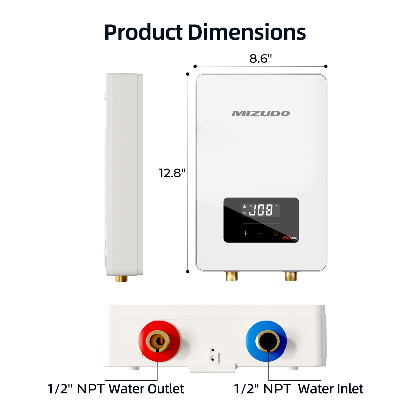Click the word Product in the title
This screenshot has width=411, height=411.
(x=143, y=33)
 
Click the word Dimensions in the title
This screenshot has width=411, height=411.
(x=247, y=32)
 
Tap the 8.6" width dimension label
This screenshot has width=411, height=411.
(x=260, y=59)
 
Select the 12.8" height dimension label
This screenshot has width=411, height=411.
(x=172, y=173)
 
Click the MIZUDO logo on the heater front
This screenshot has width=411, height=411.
(x=261, y=114)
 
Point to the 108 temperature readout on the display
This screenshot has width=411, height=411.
(x=261, y=210)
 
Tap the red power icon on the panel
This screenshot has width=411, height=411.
(x=276, y=233)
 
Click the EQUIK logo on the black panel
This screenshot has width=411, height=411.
(x=290, y=238)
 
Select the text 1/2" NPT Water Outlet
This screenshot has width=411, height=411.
(x=116, y=389)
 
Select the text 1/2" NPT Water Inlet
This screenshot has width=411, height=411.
(x=298, y=389)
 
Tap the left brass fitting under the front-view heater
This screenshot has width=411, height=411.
(x=232, y=276)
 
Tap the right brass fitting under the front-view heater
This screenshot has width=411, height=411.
(x=291, y=276)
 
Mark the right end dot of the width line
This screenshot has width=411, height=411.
(x=326, y=66)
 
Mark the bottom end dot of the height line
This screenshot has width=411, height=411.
(x=188, y=272)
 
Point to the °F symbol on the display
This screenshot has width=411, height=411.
(x=277, y=206)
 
